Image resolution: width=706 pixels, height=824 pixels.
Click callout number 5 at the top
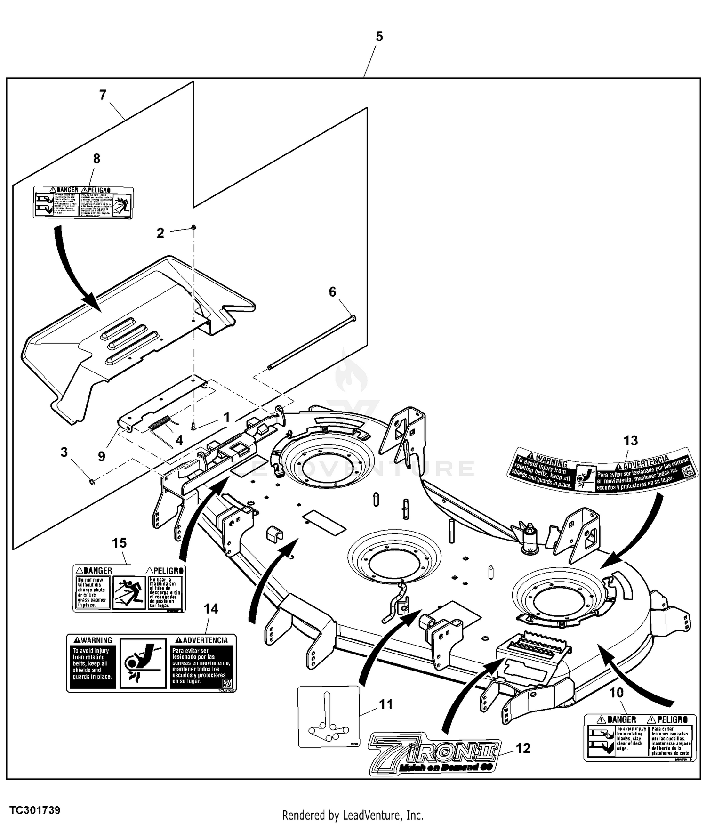pyautogui.click(x=379, y=37)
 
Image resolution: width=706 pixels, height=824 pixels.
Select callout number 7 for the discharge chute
pyautogui.click(x=103, y=95)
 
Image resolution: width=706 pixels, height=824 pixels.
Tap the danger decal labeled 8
pyautogui.click(x=83, y=202)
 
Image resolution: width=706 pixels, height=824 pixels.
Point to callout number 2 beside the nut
pyautogui.click(x=160, y=233)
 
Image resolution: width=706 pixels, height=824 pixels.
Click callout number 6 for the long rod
pyautogui.click(x=332, y=292)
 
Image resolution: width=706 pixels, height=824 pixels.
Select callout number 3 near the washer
pyautogui.click(x=64, y=452)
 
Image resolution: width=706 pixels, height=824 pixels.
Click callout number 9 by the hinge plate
pyautogui.click(x=102, y=456)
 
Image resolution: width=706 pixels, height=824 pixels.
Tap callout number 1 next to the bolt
pyautogui.click(x=226, y=417)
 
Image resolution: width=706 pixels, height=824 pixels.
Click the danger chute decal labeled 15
pyautogui.click(x=129, y=588)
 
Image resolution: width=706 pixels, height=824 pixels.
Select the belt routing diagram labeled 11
pyautogui.click(x=328, y=716)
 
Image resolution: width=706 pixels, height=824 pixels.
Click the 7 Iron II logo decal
pyautogui.click(x=434, y=753)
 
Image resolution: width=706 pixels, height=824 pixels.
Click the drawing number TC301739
pyautogui.click(x=35, y=810)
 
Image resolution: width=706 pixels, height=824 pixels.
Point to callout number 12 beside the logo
pyautogui.click(x=523, y=749)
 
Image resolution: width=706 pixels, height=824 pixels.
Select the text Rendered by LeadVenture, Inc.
pyautogui.click(x=353, y=815)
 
